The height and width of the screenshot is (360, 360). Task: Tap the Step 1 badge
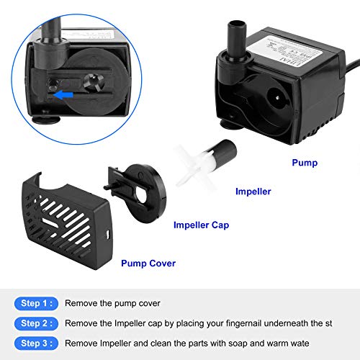point(35,303)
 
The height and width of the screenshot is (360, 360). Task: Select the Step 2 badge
point(35,323)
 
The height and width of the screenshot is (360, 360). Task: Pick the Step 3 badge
point(35,343)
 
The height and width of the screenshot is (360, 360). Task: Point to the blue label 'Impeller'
point(253,192)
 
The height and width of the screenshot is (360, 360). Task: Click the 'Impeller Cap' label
point(202,225)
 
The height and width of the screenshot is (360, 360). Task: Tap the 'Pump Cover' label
point(148,264)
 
